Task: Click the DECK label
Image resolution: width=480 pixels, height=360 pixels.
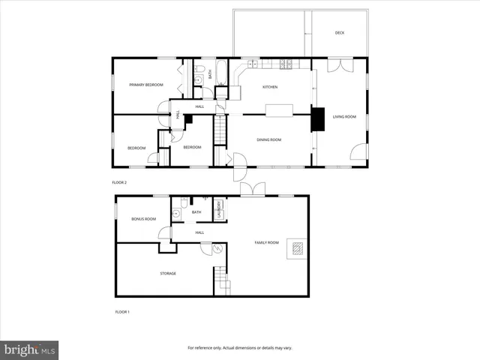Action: (x=340, y=33)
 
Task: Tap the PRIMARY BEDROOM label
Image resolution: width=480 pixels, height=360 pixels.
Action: (x=145, y=85)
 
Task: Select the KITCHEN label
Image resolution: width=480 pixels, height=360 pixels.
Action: (x=270, y=88)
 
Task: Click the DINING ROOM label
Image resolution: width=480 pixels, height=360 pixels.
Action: (x=268, y=140)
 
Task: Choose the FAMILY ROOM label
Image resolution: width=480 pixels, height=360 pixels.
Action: (x=266, y=243)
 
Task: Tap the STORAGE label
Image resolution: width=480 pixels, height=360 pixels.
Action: (x=167, y=273)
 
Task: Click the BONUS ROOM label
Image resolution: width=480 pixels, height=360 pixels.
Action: (x=143, y=219)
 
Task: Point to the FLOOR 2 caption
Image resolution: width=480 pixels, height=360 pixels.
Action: (x=120, y=183)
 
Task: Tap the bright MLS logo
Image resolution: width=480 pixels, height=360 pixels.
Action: (x=30, y=349)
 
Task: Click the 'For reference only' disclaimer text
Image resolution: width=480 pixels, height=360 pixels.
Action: (x=239, y=348)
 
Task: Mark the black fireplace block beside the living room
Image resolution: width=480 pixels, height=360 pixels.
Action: (x=318, y=119)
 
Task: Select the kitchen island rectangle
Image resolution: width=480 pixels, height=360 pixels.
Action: (x=278, y=111)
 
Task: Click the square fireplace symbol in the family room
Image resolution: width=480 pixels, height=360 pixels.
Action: (x=297, y=250)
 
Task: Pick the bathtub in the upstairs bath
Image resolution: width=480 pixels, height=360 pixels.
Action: (x=211, y=73)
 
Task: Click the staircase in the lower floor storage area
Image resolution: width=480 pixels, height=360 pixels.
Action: (x=222, y=282)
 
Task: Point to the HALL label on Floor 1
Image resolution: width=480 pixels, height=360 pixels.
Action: (x=199, y=232)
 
